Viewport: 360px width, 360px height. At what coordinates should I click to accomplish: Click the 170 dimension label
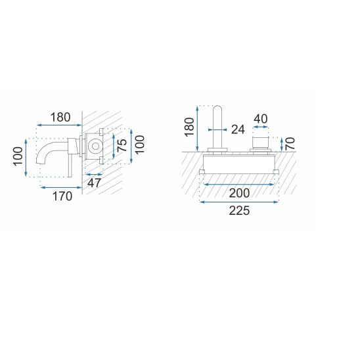click(x=62, y=196)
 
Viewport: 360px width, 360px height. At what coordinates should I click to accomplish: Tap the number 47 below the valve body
click(x=95, y=183)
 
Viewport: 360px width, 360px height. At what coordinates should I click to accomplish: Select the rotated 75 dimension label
click(x=122, y=145)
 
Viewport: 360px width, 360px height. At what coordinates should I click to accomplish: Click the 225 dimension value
click(x=239, y=211)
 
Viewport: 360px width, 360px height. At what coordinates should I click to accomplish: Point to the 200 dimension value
click(x=239, y=193)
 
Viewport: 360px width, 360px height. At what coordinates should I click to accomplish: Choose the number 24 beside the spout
click(x=238, y=129)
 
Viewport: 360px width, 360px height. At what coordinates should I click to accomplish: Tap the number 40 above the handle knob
click(x=261, y=119)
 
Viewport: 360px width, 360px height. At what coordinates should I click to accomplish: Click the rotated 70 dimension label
click(x=290, y=144)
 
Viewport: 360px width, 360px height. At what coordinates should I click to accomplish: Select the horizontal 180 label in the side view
click(x=60, y=118)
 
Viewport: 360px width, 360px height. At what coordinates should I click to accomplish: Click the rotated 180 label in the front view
click(x=189, y=127)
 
